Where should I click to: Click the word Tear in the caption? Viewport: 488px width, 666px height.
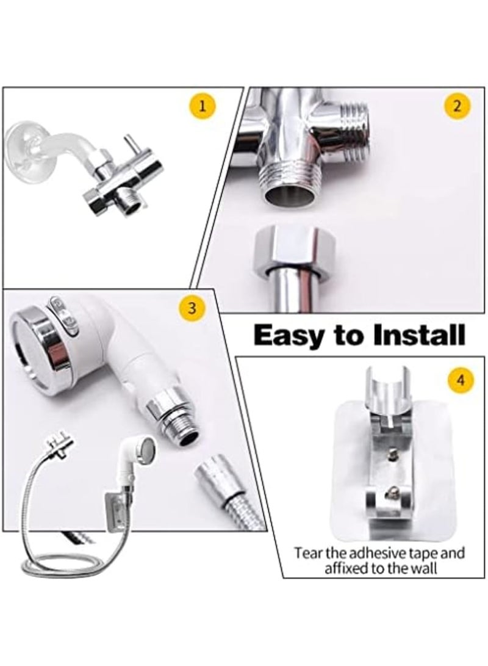pos(309,554)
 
